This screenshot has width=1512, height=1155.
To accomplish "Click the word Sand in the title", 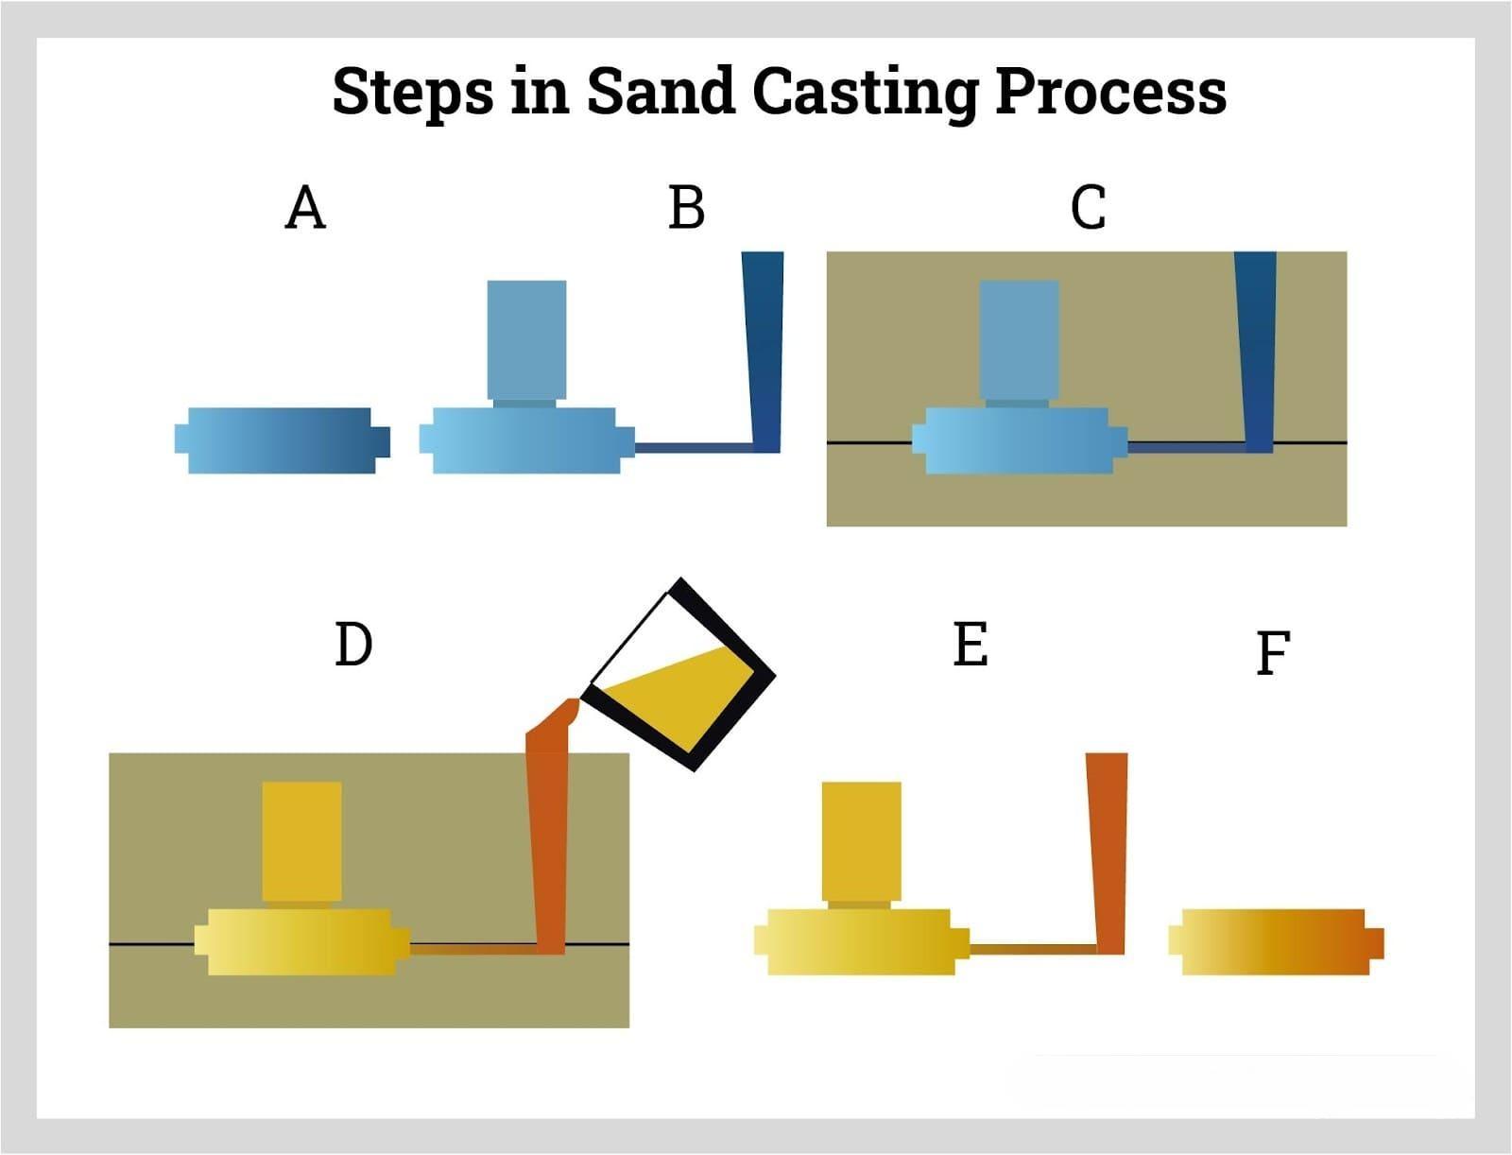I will (x=660, y=92).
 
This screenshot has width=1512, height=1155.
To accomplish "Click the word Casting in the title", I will (x=865, y=93).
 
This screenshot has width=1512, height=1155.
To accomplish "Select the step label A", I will (x=305, y=208).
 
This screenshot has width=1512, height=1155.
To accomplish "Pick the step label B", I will (x=686, y=208).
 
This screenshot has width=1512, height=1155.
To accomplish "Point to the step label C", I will (x=1088, y=208).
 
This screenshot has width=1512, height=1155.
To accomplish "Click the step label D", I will (x=354, y=646).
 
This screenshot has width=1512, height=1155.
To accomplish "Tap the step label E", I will (x=971, y=646).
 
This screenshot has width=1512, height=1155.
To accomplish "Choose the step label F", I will (x=1273, y=653).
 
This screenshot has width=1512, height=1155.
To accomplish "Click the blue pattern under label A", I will (x=282, y=440).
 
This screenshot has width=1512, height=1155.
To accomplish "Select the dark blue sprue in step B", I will (x=765, y=350).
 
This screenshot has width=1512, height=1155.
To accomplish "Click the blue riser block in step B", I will (x=526, y=339).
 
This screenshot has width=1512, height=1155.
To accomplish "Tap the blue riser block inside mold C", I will (x=1019, y=339).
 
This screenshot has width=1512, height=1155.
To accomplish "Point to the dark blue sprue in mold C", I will (x=1257, y=350).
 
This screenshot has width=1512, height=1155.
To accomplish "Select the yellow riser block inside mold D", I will (x=301, y=841).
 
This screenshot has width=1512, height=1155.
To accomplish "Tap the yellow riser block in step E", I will (x=861, y=841).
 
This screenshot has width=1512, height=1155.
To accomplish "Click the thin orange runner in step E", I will (x=1032, y=946).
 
